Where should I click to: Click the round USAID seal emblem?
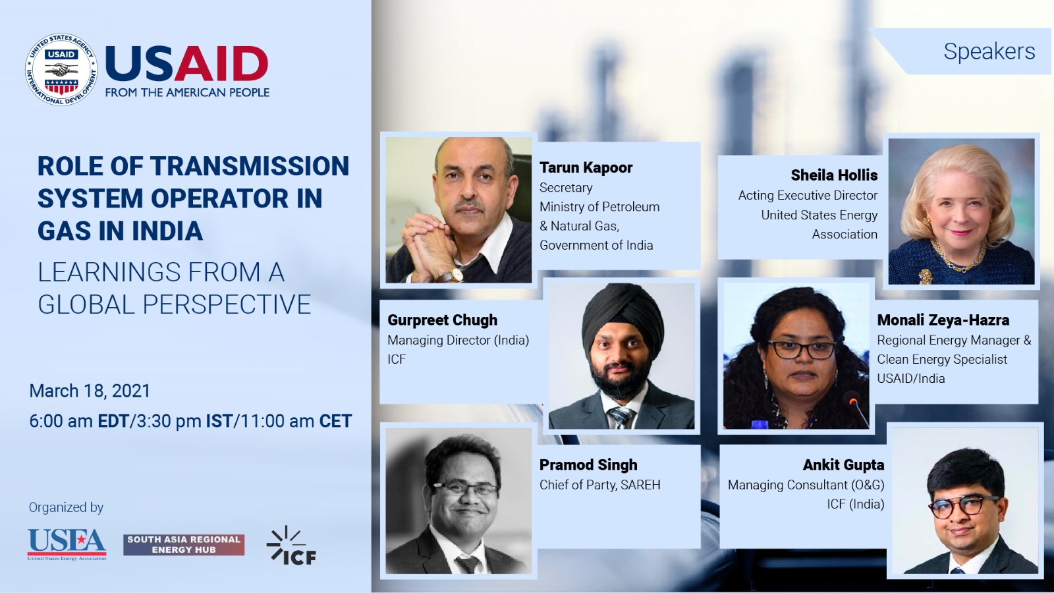coord(62,69)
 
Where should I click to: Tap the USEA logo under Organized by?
coord(67,544)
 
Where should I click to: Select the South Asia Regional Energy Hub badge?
coord(184,544)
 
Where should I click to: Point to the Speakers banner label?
coord(989,51)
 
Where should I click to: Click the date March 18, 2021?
coord(90,391)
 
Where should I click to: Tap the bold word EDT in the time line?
coord(113,421)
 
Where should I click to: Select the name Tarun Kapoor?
coord(586,167)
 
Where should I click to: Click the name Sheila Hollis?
coord(834,175)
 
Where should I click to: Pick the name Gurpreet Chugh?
coord(442,320)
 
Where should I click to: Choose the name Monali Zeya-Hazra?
coord(943,320)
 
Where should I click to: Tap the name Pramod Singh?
coord(588,465)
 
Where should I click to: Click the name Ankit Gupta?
coord(843,465)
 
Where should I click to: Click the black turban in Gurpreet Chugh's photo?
coord(623,318)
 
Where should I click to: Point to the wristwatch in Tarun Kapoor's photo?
coord(452,274)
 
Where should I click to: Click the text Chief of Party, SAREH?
coord(600,485)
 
